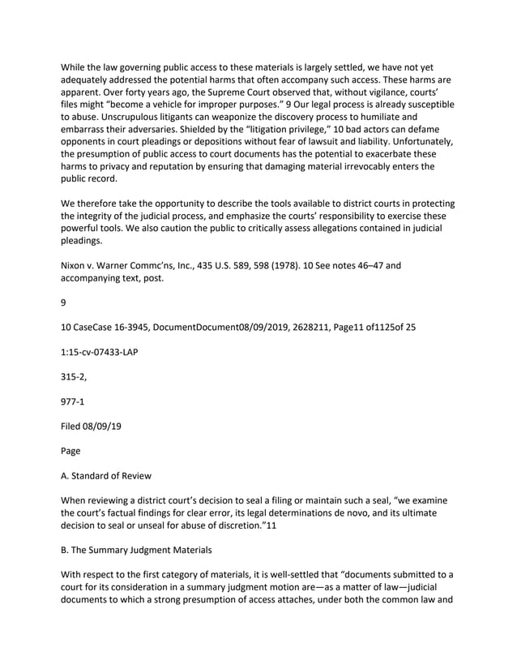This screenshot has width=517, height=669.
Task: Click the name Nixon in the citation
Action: coord(75,264)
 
